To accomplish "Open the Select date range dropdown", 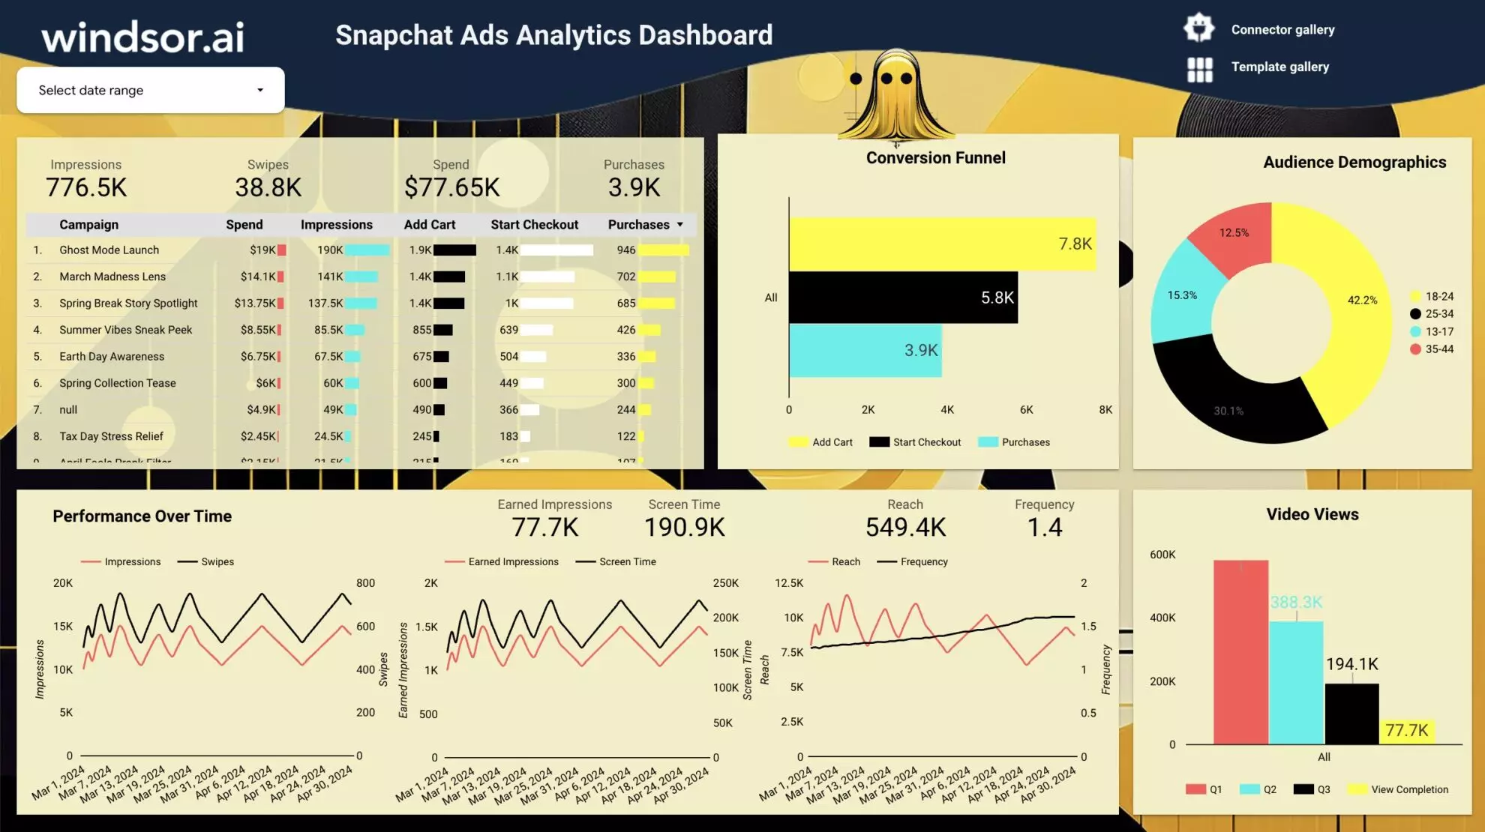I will tap(150, 90).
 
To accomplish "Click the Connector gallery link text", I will tap(1282, 30).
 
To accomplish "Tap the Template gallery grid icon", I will tap(1199, 70).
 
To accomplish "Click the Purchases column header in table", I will tap(638, 225).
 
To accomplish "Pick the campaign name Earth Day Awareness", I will tap(112, 357).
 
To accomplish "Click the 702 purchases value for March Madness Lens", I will tap(625, 277).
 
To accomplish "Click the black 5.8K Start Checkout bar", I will tap(900, 298).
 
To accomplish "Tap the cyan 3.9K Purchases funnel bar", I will tap(862, 351).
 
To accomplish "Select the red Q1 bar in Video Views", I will tap(1240, 652).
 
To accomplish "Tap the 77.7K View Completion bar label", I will tap(1406, 730).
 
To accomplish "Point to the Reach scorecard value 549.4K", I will tap(905, 528).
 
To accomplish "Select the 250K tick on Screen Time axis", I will tap(725, 583).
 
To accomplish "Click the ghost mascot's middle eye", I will tap(886, 79).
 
